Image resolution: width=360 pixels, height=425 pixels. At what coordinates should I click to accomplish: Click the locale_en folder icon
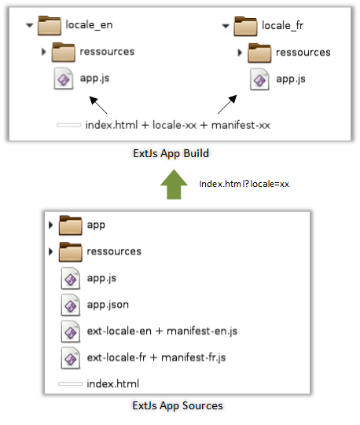(x=50, y=26)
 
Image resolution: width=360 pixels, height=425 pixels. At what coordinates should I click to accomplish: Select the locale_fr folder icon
(x=245, y=26)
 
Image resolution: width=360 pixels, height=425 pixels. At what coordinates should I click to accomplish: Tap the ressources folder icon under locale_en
(x=64, y=52)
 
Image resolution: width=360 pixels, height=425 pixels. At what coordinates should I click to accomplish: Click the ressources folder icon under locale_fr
(x=259, y=53)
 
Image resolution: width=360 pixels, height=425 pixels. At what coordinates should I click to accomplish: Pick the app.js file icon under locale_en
(x=64, y=79)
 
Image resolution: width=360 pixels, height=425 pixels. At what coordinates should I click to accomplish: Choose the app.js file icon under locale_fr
(x=259, y=79)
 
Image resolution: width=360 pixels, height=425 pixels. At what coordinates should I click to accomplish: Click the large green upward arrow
(x=174, y=185)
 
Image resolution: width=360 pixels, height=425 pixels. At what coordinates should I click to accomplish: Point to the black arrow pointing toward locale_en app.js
(x=98, y=105)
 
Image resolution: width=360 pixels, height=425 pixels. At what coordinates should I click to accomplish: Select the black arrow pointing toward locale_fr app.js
(x=227, y=104)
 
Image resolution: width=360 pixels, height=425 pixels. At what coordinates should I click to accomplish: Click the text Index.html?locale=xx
(x=244, y=184)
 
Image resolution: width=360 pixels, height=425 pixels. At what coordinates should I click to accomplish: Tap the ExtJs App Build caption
(x=171, y=153)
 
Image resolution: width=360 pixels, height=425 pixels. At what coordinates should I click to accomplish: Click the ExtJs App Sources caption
(x=178, y=406)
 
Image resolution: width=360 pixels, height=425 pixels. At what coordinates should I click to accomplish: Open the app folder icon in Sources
(x=71, y=225)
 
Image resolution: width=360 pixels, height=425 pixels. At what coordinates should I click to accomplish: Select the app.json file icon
(x=71, y=305)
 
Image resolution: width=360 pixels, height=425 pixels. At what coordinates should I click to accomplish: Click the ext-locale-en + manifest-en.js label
(x=162, y=332)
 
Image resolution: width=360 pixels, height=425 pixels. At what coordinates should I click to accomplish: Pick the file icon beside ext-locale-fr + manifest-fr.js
(x=71, y=358)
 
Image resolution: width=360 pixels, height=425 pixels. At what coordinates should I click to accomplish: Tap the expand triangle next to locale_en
(x=30, y=25)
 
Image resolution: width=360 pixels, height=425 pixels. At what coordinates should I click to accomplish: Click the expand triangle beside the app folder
(x=51, y=225)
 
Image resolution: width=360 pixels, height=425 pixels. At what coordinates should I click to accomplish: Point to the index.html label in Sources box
(x=113, y=384)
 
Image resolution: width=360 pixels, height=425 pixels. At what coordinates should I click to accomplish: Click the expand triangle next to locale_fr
(x=226, y=26)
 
